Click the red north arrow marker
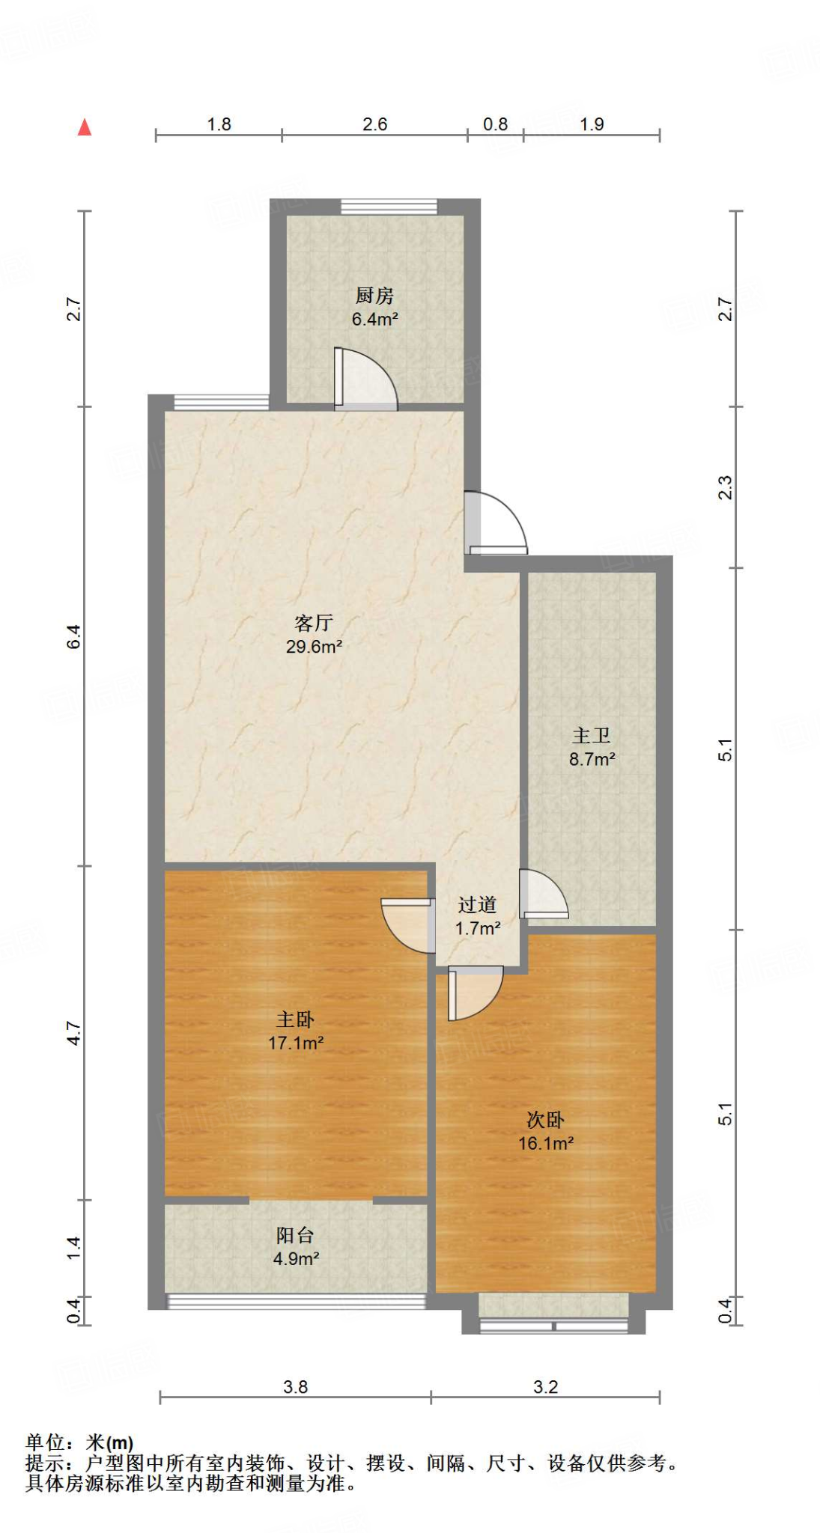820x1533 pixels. point(85,127)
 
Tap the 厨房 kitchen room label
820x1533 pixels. point(374,296)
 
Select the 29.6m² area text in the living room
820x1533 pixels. point(314,647)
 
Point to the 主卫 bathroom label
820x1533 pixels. point(592,736)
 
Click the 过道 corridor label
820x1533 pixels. point(477,905)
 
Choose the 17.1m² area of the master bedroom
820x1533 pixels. point(296,1043)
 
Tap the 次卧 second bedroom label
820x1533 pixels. point(545,1120)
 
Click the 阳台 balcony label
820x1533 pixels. point(295,1235)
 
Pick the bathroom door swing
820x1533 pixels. point(544,894)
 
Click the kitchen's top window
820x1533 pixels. point(389,207)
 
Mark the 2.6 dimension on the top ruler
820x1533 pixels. point(374,124)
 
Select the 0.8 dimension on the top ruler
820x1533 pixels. point(495,124)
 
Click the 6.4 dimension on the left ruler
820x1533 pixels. point(74,636)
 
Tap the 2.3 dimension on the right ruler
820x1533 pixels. point(725,487)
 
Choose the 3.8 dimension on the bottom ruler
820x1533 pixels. point(295,1387)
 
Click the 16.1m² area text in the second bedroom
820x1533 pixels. point(546,1143)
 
